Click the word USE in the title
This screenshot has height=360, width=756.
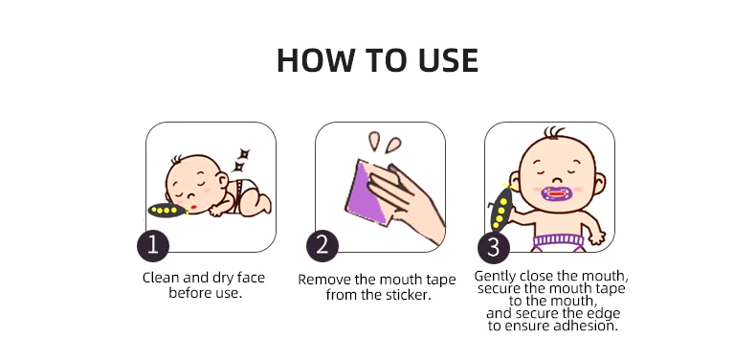pos(448,60)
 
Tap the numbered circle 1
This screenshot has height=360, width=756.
pos(153,246)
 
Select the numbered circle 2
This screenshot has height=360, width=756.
pos(322,246)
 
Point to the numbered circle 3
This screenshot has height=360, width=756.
pos(493,248)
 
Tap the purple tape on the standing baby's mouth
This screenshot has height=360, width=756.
pos(557,193)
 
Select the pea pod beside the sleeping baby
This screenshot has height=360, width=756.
pos(167,210)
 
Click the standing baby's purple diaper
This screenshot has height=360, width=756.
pos(558,241)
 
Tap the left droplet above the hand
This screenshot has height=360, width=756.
pos(374,141)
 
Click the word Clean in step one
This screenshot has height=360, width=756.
pos(161,278)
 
